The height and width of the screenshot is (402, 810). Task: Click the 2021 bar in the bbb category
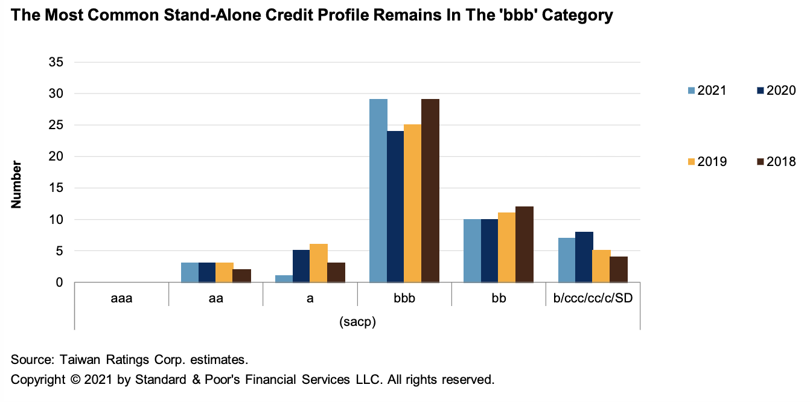(x=378, y=190)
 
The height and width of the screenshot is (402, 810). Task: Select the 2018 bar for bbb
(x=430, y=190)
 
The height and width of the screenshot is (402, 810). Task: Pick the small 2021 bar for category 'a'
(x=284, y=279)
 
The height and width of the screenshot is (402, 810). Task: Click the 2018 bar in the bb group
(x=525, y=244)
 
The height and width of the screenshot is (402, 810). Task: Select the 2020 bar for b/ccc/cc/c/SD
(x=584, y=257)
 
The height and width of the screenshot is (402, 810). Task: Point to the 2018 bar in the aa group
(x=242, y=276)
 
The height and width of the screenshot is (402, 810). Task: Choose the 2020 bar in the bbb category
(x=395, y=206)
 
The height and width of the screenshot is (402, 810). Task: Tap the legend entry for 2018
(x=776, y=162)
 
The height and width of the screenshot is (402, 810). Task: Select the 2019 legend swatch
(x=692, y=162)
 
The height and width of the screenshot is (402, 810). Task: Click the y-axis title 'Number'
(x=17, y=184)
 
